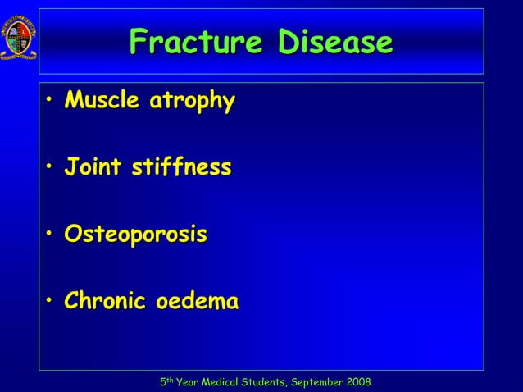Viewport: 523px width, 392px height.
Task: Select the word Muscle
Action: click(x=99, y=102)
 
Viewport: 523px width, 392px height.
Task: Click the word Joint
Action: click(x=91, y=169)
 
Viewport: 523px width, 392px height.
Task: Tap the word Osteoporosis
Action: click(x=136, y=235)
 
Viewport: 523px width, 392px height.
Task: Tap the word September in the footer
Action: click(x=314, y=383)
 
